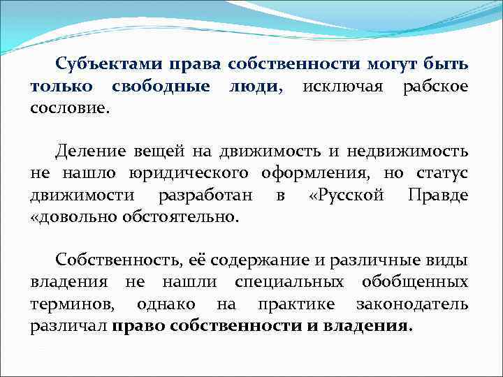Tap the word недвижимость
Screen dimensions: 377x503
(416, 151)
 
